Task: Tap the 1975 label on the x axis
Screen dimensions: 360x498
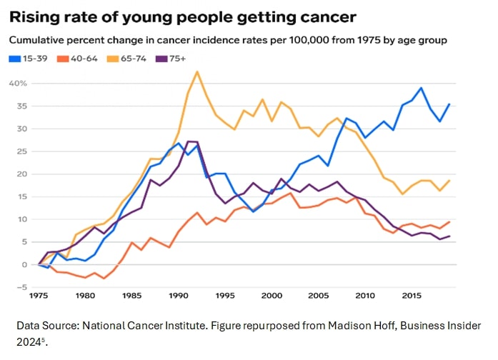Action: [x=39, y=296]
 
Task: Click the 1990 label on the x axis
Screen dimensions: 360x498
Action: [x=179, y=296]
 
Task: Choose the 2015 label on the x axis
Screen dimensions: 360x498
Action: [x=411, y=296]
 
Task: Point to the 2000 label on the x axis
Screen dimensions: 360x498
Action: [x=272, y=296]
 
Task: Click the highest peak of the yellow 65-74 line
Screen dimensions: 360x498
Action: [x=197, y=71]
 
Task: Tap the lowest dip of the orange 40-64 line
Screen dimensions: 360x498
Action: [x=104, y=279]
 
